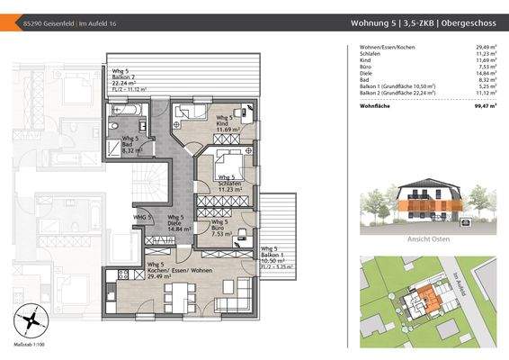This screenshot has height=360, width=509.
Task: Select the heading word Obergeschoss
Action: (466, 24)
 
